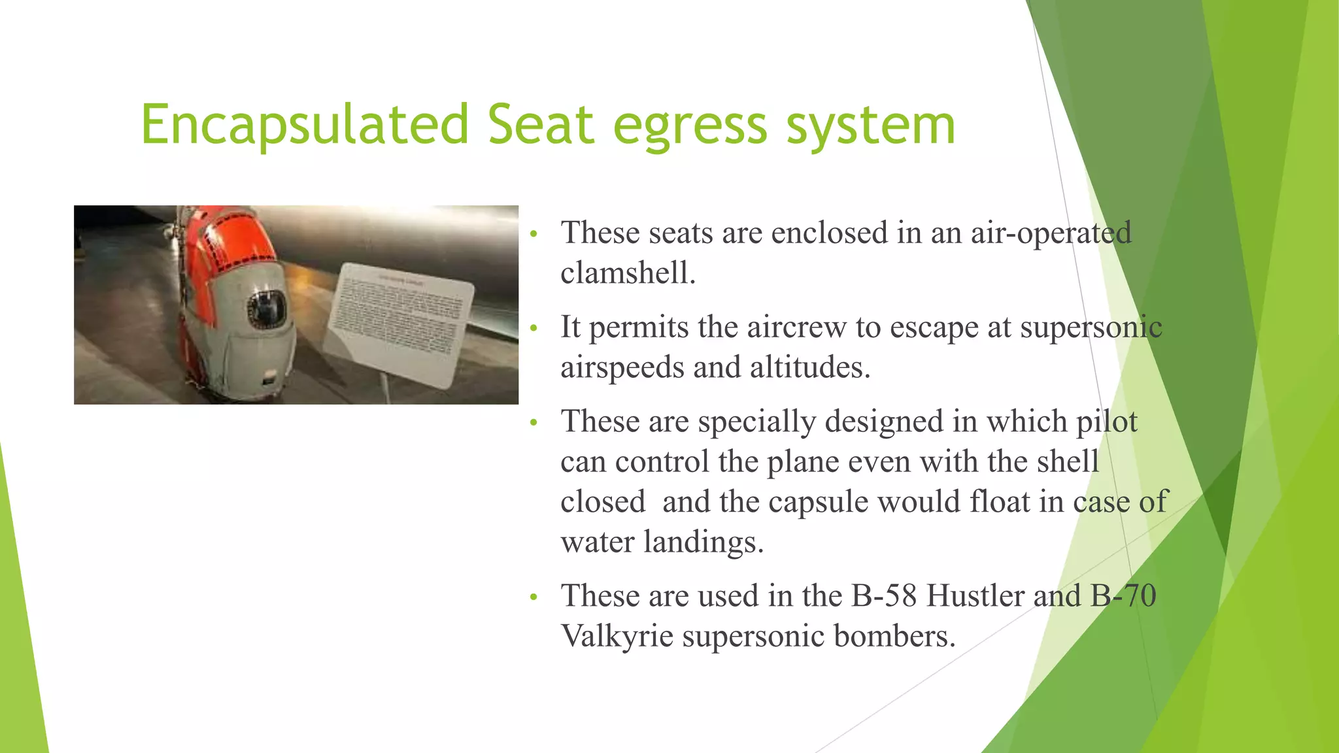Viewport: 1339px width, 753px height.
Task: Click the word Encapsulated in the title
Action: tap(305, 124)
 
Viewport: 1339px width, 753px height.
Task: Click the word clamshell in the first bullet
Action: tap(628, 273)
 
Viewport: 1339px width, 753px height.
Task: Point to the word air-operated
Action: tap(1051, 233)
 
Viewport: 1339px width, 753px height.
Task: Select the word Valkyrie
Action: tap(617, 636)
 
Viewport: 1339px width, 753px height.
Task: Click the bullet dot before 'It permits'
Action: tap(534, 327)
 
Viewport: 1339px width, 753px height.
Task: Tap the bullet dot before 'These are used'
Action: tap(534, 596)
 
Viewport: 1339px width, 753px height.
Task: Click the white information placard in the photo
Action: tap(401, 324)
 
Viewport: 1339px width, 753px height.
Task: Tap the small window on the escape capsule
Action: tap(266, 309)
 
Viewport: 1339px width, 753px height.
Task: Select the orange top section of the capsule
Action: tap(229, 242)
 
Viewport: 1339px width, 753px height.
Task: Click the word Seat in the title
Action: tap(541, 124)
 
